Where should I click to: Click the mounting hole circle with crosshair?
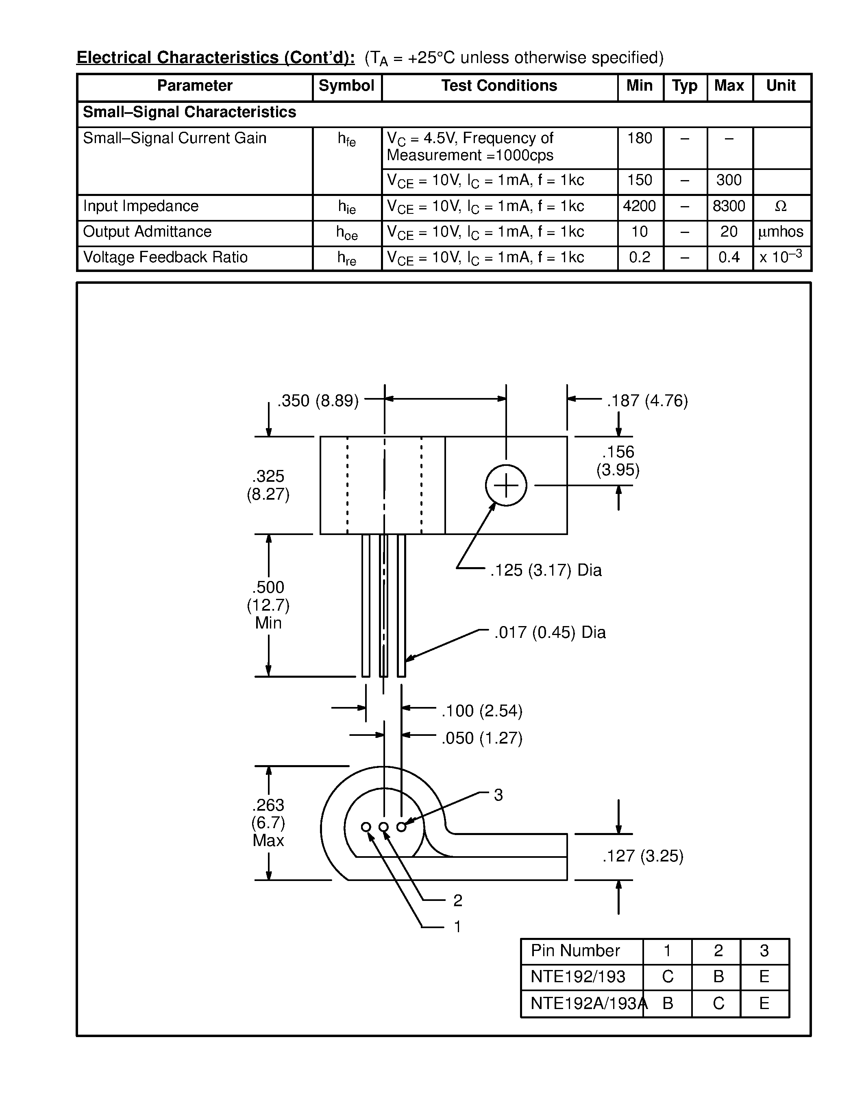coord(506,485)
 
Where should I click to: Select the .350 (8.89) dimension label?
coord(318,400)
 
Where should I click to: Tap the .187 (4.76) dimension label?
coord(647,400)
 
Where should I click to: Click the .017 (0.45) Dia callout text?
coord(550,632)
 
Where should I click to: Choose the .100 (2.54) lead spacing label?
coord(482,711)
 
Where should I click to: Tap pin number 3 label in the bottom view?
coord(498,795)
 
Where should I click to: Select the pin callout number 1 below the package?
coord(457,927)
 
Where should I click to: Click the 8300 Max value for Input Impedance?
coord(729,206)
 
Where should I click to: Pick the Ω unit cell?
coord(781,206)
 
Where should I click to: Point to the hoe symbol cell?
coord(346,233)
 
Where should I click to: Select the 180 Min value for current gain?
coord(639,138)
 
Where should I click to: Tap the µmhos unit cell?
coord(781,232)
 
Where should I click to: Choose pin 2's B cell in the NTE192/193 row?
coord(718,977)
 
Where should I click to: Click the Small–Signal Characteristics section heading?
coord(189,112)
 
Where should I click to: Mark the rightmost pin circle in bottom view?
coord(401,827)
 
